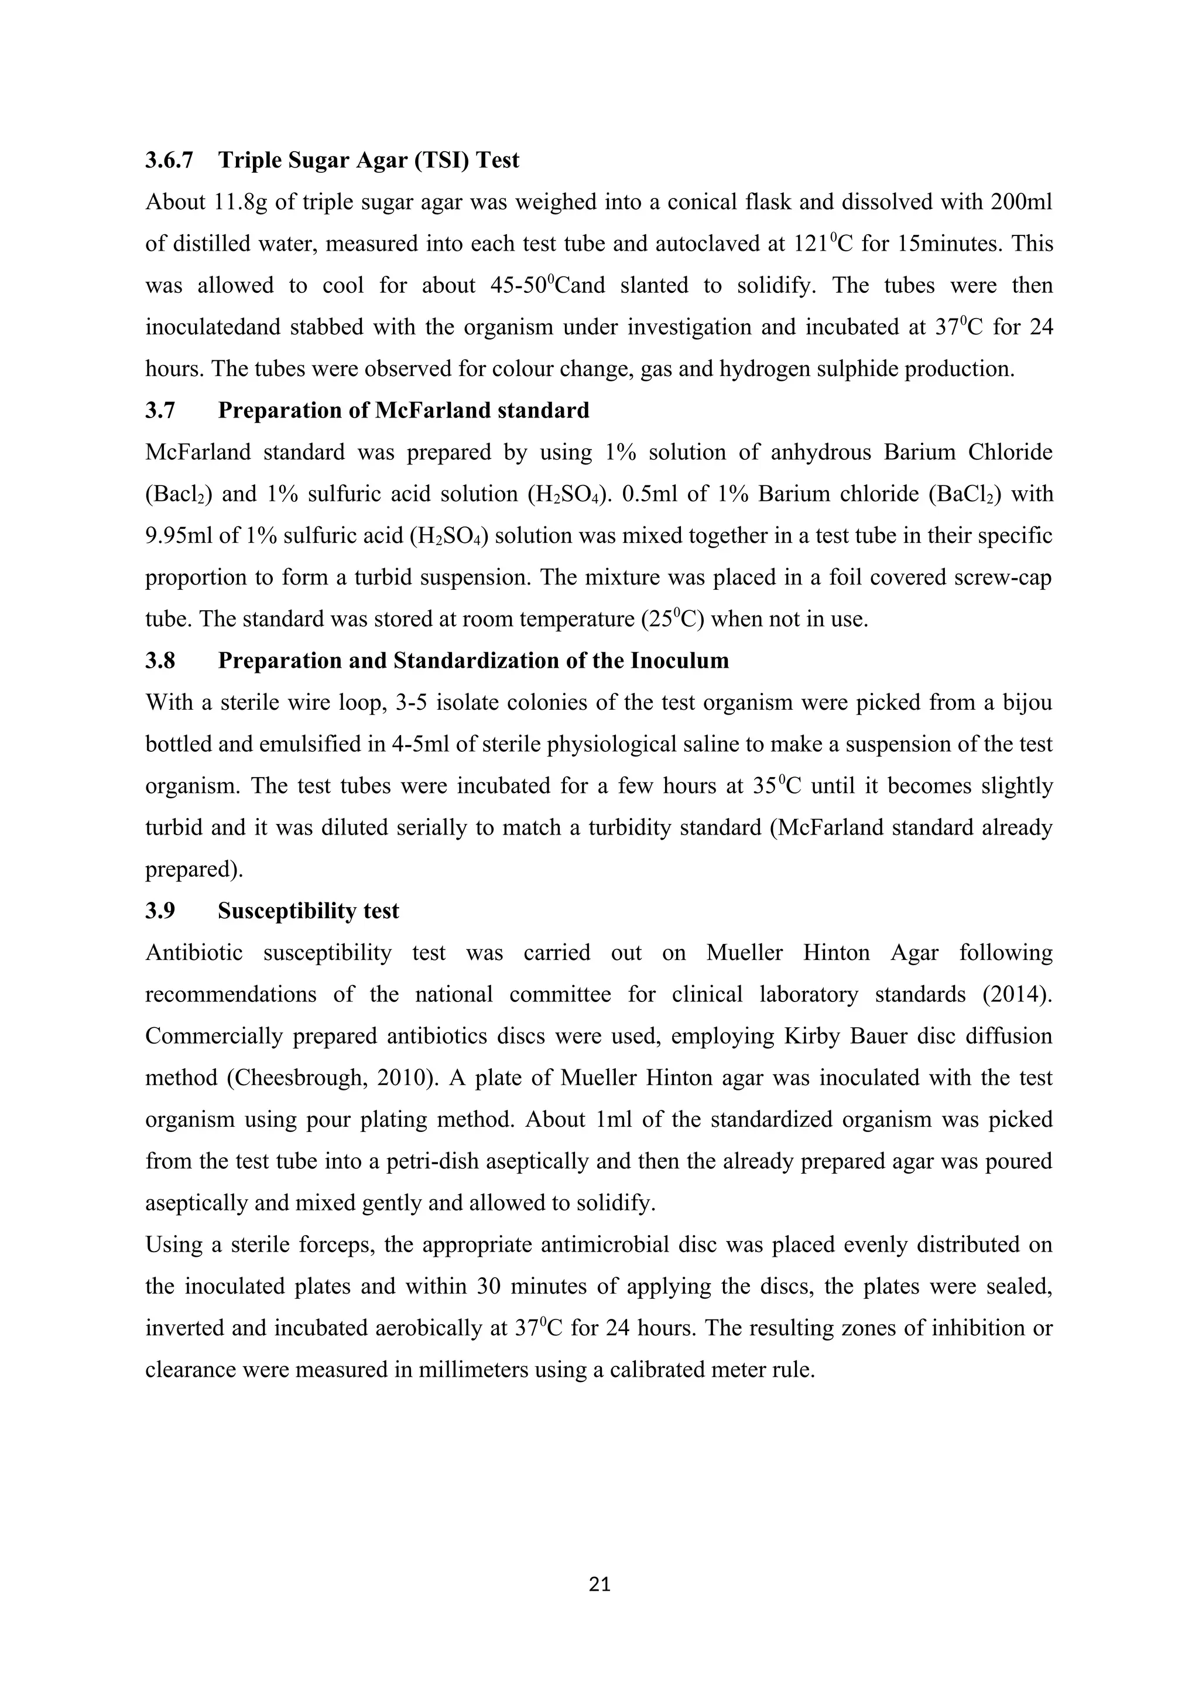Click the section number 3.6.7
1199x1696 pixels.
click(x=169, y=160)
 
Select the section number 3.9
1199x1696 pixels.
click(x=160, y=911)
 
